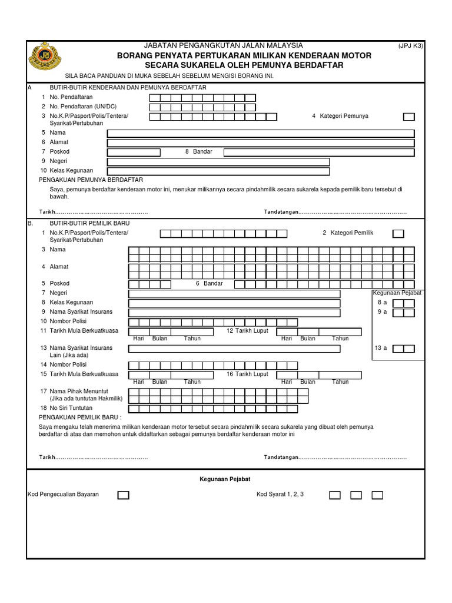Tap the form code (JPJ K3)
click(x=410, y=45)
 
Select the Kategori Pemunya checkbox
click(x=408, y=117)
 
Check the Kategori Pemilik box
click(x=398, y=234)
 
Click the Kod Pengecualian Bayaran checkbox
click(x=123, y=495)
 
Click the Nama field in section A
click(x=260, y=133)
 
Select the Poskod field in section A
click(x=133, y=153)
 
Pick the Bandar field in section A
click(x=319, y=153)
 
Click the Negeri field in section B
click(x=234, y=293)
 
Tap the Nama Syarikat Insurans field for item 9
click(x=234, y=312)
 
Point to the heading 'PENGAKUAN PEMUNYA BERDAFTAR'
click(x=91, y=180)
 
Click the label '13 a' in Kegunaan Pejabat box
click(x=381, y=348)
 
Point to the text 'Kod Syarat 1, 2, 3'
click(x=280, y=494)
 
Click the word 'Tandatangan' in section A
click(x=281, y=212)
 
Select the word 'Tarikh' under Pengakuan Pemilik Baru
click(x=47, y=457)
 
